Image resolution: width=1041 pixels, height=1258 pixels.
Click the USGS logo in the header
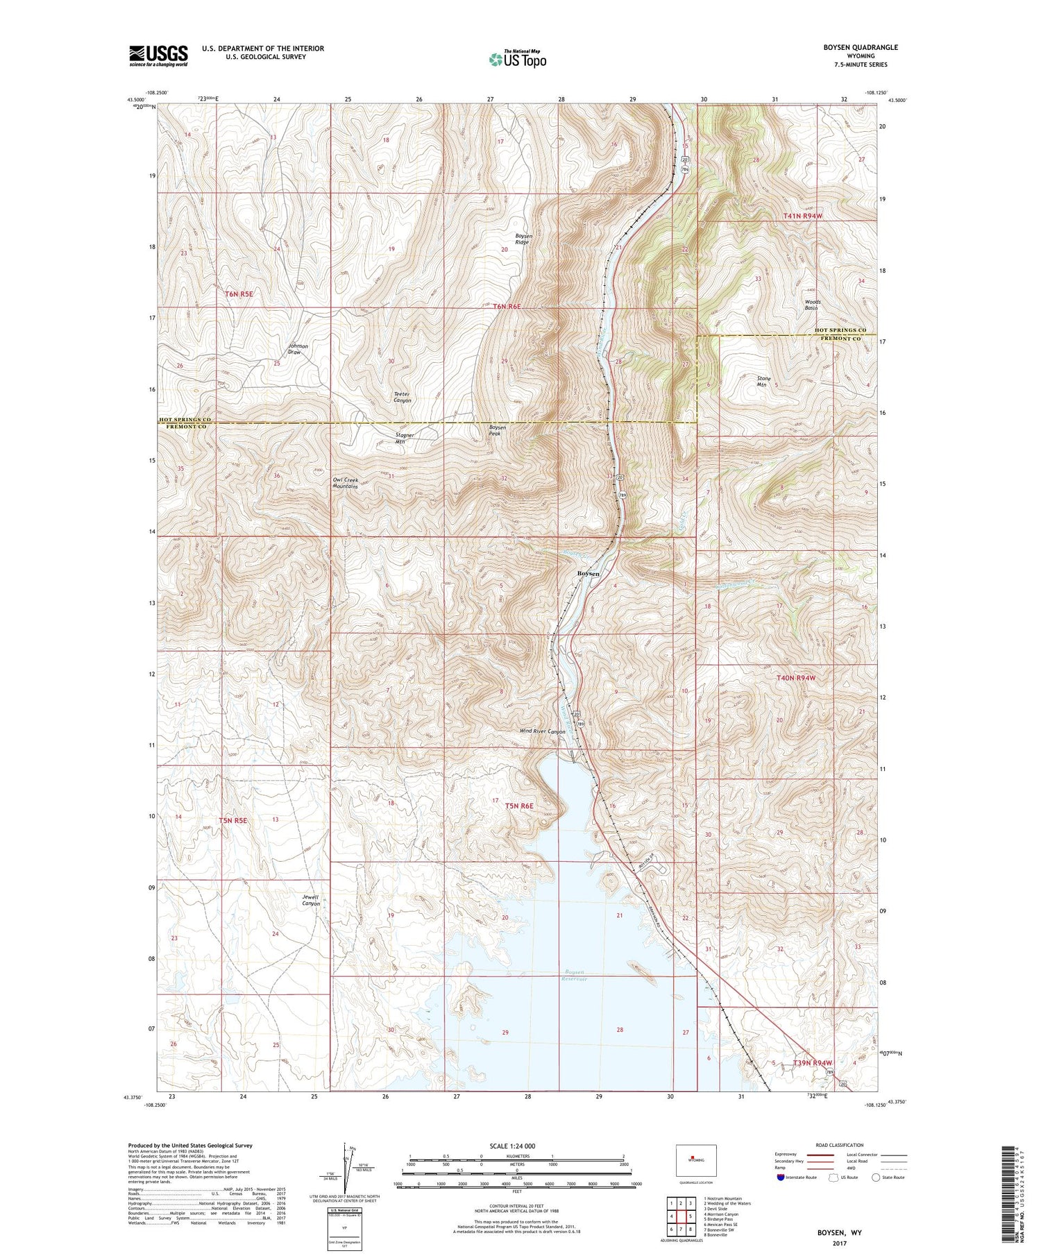coord(158,56)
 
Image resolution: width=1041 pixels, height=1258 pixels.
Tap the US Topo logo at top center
coord(517,60)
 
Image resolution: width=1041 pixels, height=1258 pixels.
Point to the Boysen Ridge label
coord(523,239)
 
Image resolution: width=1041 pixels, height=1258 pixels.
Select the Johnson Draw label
coord(298,349)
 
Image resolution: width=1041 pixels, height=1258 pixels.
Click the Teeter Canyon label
coord(403,398)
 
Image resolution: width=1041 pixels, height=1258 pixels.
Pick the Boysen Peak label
coord(498,431)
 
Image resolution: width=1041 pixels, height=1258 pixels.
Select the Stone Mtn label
coord(763,381)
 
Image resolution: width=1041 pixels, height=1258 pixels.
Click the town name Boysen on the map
coord(589,573)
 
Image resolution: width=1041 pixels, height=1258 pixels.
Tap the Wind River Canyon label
coord(543,731)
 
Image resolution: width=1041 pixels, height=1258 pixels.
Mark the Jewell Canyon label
coord(311,901)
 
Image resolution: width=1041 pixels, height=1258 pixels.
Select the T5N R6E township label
coord(519,806)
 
